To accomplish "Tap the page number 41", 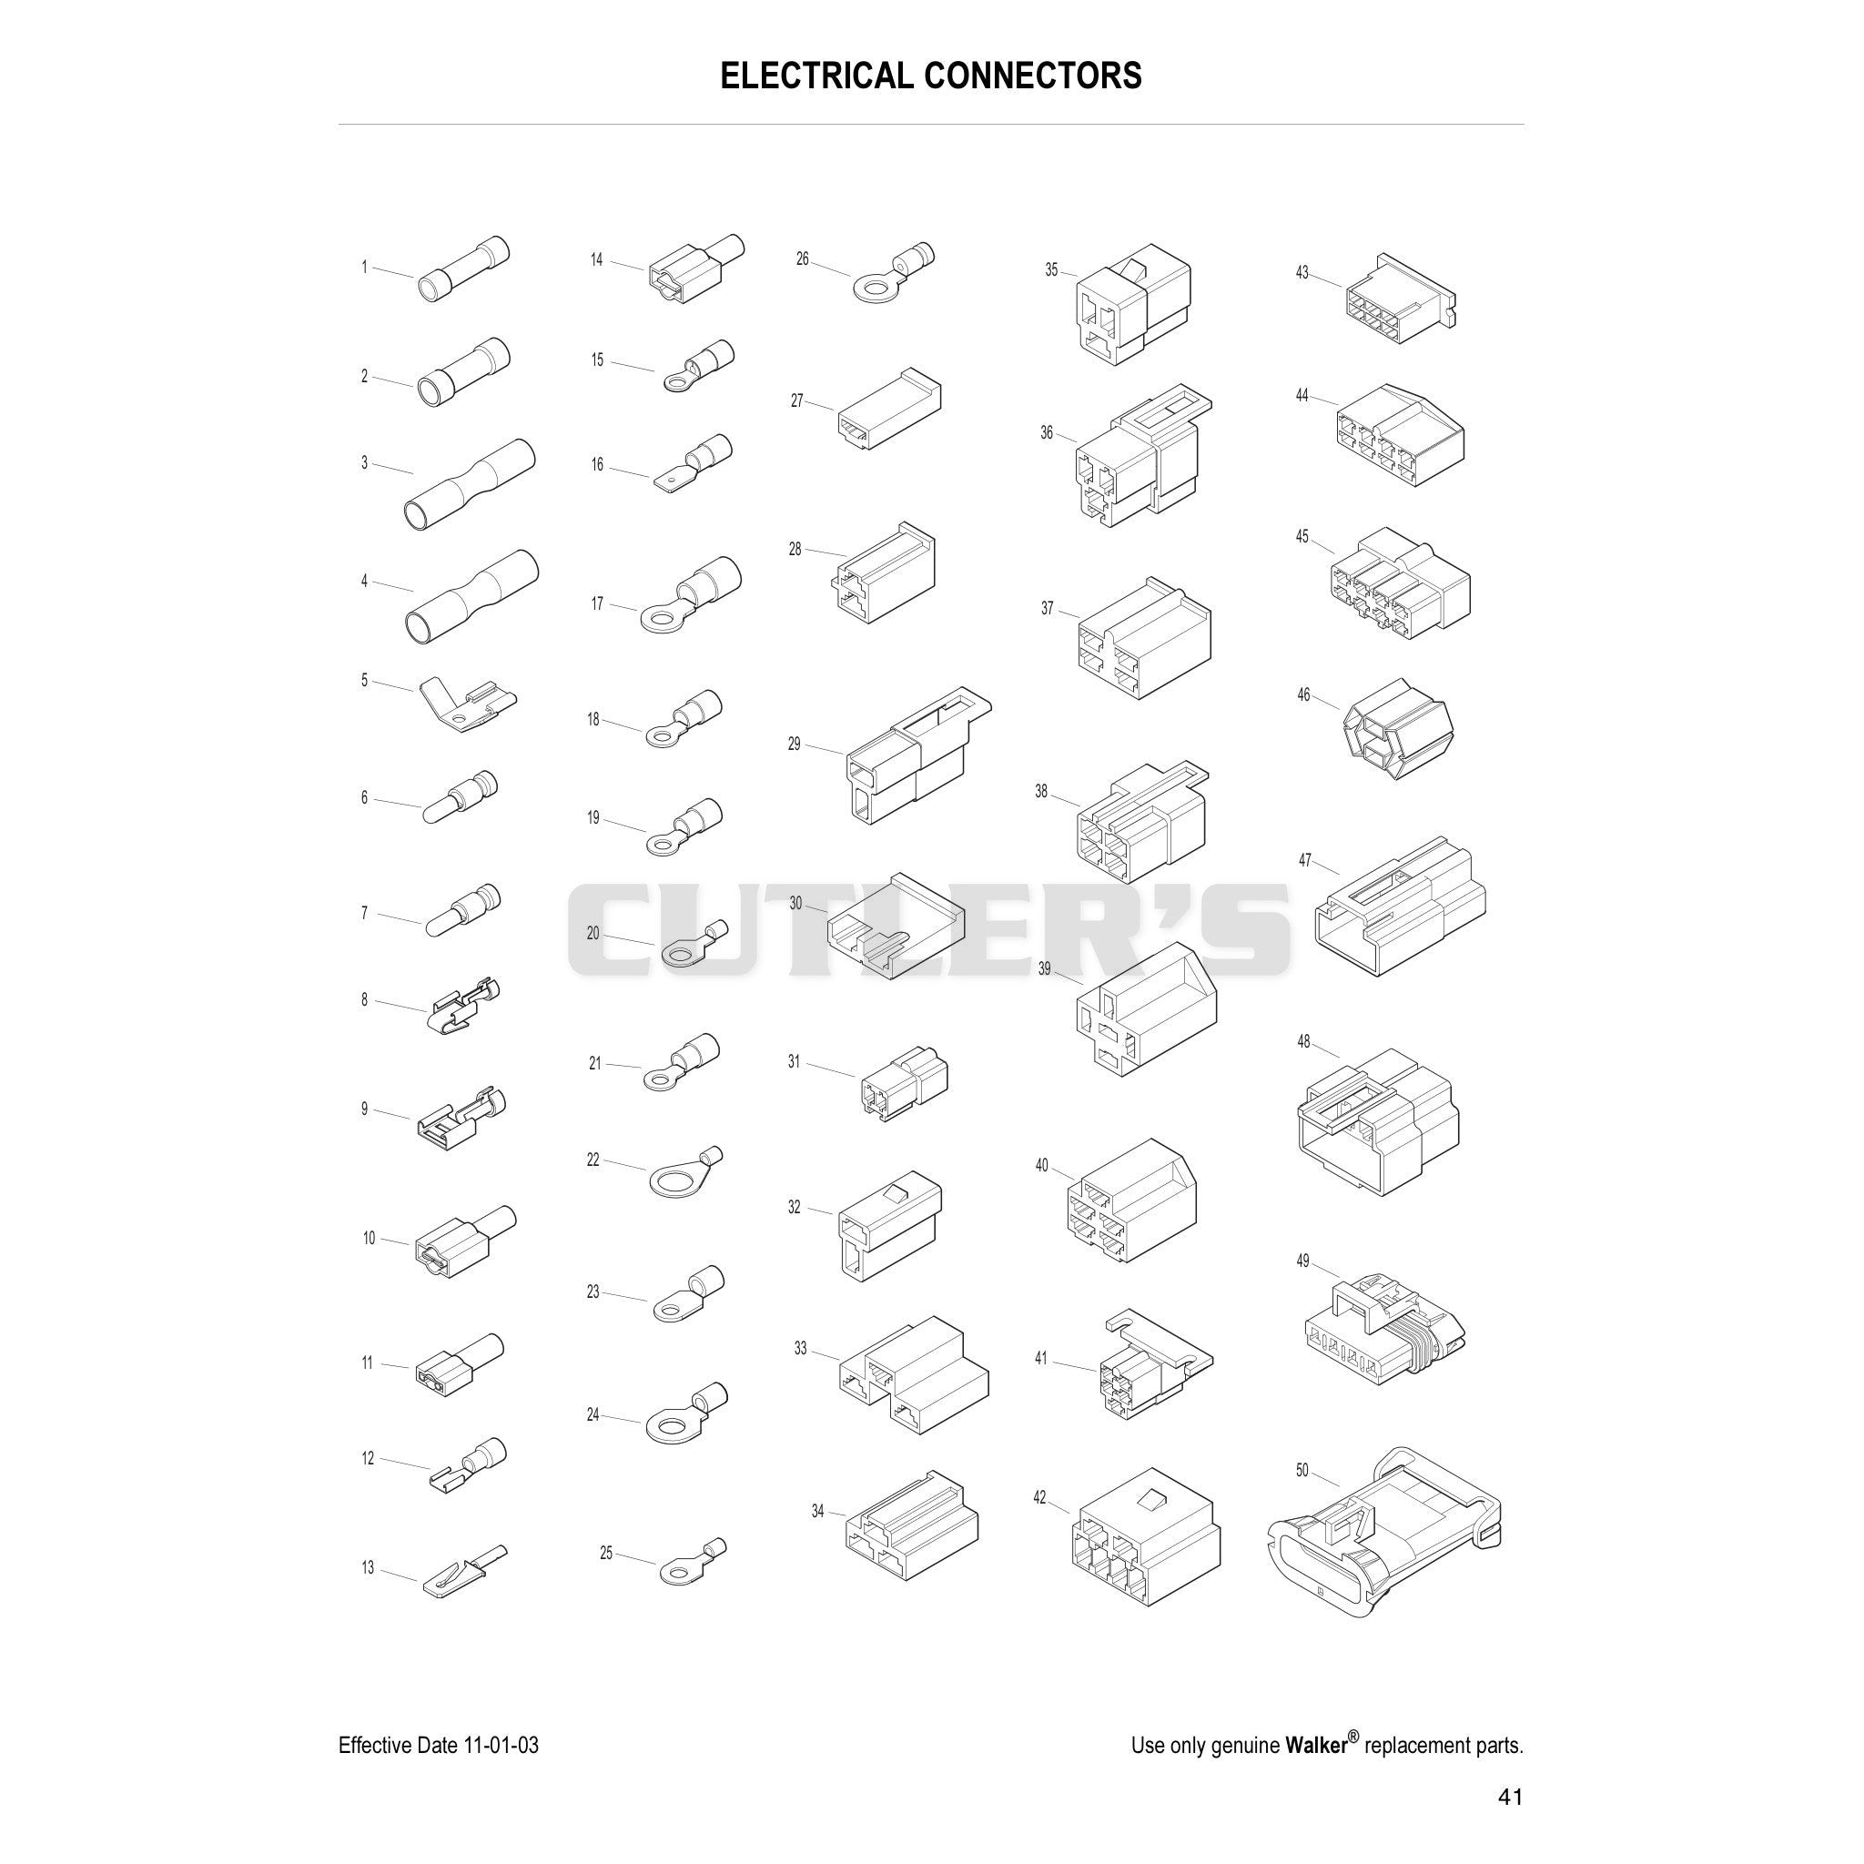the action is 1511,1797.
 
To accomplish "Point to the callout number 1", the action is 365,268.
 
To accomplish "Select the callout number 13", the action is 368,1568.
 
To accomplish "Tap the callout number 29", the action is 794,744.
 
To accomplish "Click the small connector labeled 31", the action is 904,1086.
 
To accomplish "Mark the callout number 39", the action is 1044,968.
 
